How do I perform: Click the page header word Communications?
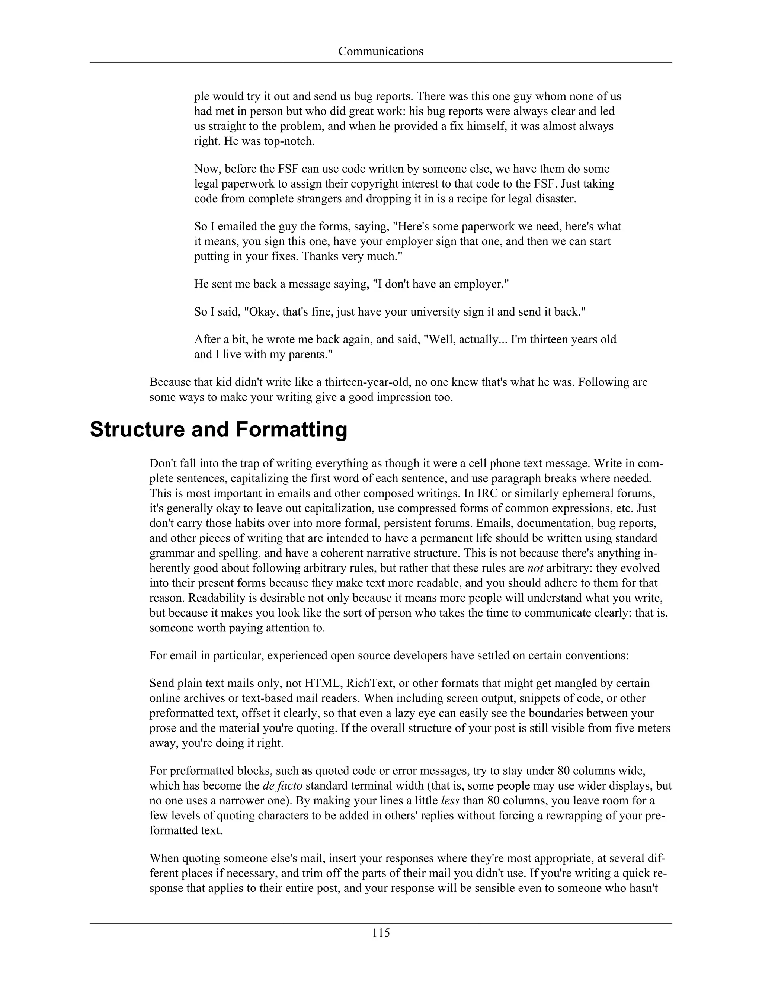click(x=381, y=51)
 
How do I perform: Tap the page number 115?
click(x=381, y=932)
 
